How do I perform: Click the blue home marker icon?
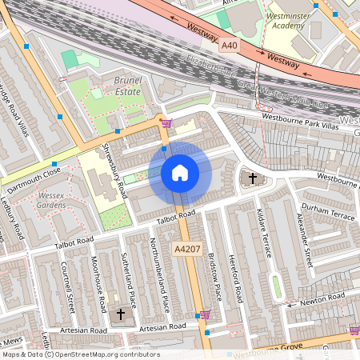[180, 173]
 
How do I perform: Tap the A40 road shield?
[230, 47]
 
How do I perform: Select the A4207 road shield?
[188, 250]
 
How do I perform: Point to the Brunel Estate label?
[127, 86]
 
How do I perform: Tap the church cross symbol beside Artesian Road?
[121, 315]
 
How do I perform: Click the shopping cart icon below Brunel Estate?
[166, 123]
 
